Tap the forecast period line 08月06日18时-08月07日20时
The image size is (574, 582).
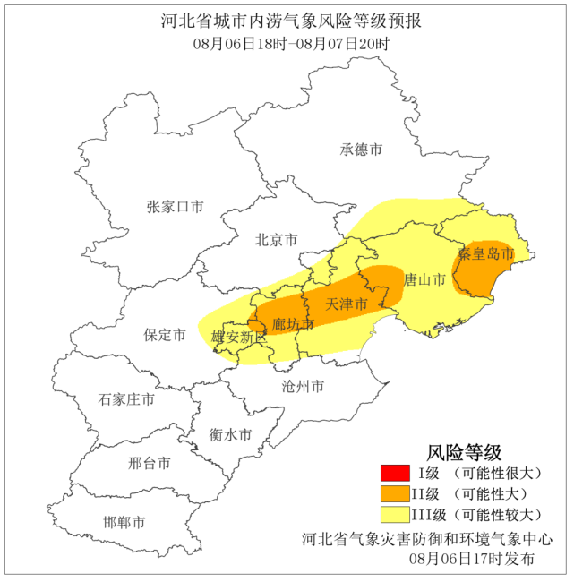pyautogui.click(x=287, y=43)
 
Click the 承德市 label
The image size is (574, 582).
pyautogui.click(x=362, y=150)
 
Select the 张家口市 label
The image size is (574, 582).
pyautogui.click(x=176, y=207)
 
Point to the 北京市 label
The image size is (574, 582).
pyautogui.click(x=277, y=239)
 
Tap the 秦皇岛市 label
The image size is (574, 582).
pyautogui.click(x=486, y=253)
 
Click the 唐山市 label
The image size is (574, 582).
pyautogui.click(x=424, y=280)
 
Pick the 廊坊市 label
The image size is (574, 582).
pyautogui.click(x=294, y=323)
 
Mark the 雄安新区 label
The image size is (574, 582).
pyautogui.click(x=239, y=338)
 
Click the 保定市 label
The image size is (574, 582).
pyautogui.click(x=165, y=335)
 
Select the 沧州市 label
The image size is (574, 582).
pyautogui.click(x=303, y=387)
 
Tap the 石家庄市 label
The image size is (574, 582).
pyautogui.click(x=126, y=399)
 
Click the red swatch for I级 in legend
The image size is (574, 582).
pyautogui.click(x=394, y=473)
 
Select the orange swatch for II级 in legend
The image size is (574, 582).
pyautogui.click(x=394, y=493)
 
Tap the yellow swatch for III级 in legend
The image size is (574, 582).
pyautogui.click(x=394, y=514)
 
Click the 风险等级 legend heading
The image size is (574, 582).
pyautogui.click(x=463, y=451)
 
